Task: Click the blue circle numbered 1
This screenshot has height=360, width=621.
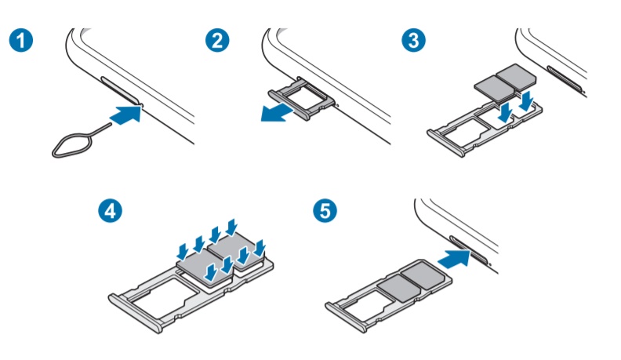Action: (21, 40)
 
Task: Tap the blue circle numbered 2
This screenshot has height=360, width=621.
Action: (217, 40)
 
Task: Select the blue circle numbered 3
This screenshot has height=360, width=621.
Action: (414, 40)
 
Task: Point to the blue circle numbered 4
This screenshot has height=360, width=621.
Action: (110, 210)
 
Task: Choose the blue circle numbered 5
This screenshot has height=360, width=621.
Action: (325, 210)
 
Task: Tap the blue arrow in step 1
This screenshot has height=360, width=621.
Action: (125, 114)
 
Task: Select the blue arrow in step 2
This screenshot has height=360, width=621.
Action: (278, 114)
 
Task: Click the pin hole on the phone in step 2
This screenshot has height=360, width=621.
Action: (337, 105)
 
